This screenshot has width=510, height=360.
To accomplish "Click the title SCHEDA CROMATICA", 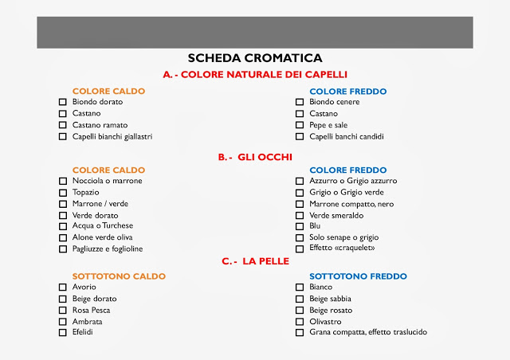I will coord(254,58).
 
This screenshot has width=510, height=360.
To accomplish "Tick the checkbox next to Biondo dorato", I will coord(63,103).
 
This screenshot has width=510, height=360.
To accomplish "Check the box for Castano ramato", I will coord(63,125).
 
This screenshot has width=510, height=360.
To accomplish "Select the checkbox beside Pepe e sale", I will coord(300,125).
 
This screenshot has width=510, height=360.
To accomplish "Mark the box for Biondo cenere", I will coord(300,103).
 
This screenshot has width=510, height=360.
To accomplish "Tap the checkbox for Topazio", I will coord(63,193).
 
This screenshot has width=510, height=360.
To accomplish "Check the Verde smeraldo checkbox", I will coord(300,215).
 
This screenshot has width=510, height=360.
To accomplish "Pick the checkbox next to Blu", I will coord(300,226).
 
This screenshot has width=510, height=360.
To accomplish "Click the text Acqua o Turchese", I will coord(103,226).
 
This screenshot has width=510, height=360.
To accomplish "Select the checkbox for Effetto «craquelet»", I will coord(300,248).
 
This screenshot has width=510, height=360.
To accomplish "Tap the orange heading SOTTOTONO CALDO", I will coord(119,276).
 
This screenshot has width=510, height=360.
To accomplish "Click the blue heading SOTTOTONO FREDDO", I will coord(358,276).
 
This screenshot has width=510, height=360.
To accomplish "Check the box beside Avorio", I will coord(63,288).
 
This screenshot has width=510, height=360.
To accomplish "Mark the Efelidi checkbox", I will coord(63,332).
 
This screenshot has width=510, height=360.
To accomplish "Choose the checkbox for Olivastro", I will coord(300,321).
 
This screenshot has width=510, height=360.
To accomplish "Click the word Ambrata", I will coord(88,321).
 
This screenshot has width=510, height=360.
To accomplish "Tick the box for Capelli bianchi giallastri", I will coord(63,136).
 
